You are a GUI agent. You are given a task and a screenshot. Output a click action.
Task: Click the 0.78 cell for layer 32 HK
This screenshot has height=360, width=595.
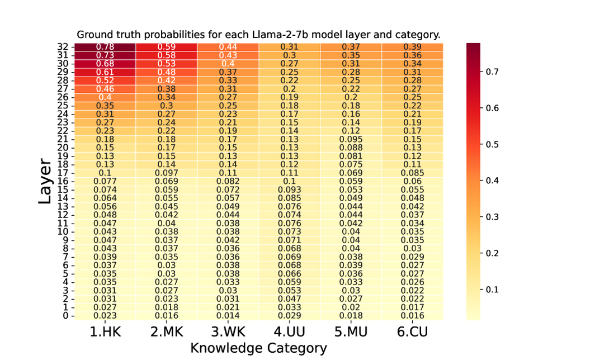[105, 46]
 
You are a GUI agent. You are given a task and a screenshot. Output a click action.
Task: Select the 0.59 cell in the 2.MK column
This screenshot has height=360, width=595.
[166, 46]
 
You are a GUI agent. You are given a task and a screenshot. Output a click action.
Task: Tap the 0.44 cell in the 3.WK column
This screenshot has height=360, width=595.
[228, 46]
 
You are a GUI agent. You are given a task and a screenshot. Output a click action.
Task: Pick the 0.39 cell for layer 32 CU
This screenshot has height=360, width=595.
[412, 46]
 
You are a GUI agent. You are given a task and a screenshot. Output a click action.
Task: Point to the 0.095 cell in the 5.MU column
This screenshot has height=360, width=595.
[351, 139]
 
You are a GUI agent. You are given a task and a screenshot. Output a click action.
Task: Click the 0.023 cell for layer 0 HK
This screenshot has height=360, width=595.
[105, 315]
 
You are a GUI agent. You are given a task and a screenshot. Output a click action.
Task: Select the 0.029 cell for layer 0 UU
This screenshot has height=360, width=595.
[289, 315]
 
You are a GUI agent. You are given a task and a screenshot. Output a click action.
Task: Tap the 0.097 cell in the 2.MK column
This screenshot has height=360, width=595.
[166, 173]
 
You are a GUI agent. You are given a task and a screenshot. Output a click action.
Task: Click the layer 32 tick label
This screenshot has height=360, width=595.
[63, 47]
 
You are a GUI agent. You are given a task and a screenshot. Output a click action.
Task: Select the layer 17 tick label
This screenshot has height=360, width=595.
[63, 173]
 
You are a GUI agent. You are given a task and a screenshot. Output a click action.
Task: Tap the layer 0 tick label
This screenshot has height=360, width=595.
[65, 315]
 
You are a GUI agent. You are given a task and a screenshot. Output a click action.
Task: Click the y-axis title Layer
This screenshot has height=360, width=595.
[46, 181]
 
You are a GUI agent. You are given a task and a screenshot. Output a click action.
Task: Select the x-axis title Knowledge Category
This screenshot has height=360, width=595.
[258, 348]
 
